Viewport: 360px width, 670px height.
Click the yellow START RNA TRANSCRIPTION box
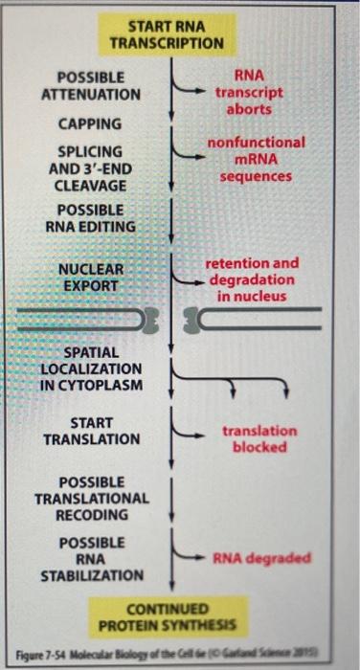[x=167, y=34]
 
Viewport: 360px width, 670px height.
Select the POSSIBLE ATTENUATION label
[x=90, y=86]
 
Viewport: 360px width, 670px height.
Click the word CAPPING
[x=90, y=123]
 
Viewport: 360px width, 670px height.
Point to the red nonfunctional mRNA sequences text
[x=256, y=160]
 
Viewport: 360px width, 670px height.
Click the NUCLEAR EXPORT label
[x=90, y=277]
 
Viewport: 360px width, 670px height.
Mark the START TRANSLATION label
[x=92, y=430]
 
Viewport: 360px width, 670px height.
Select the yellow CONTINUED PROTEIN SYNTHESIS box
[x=169, y=616]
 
